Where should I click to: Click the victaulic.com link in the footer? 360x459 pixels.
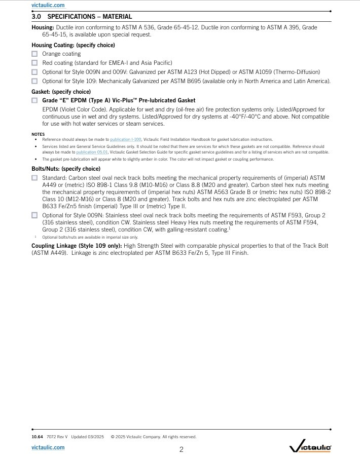[x=48, y=447]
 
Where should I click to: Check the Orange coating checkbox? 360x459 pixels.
[x=34, y=54]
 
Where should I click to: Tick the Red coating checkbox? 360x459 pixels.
[x=34, y=63]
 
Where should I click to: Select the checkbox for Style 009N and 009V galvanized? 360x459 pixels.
[x=34, y=72]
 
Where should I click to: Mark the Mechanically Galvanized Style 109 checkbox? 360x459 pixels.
[x=34, y=81]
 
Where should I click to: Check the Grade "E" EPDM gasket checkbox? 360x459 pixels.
[x=34, y=100]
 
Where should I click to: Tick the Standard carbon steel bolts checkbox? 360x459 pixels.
[x=34, y=178]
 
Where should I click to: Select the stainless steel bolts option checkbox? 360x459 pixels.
[x=34, y=215]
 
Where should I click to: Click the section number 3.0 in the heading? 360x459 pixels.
[x=37, y=17]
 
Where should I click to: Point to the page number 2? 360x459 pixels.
[x=181, y=449]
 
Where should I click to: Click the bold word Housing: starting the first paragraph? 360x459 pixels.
[x=43, y=27]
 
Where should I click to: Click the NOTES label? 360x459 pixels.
[x=38, y=134]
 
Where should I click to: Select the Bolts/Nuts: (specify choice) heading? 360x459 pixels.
[x=66, y=169]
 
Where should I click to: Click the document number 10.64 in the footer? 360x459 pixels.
[x=37, y=437]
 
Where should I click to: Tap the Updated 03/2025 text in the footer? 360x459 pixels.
[x=87, y=437]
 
